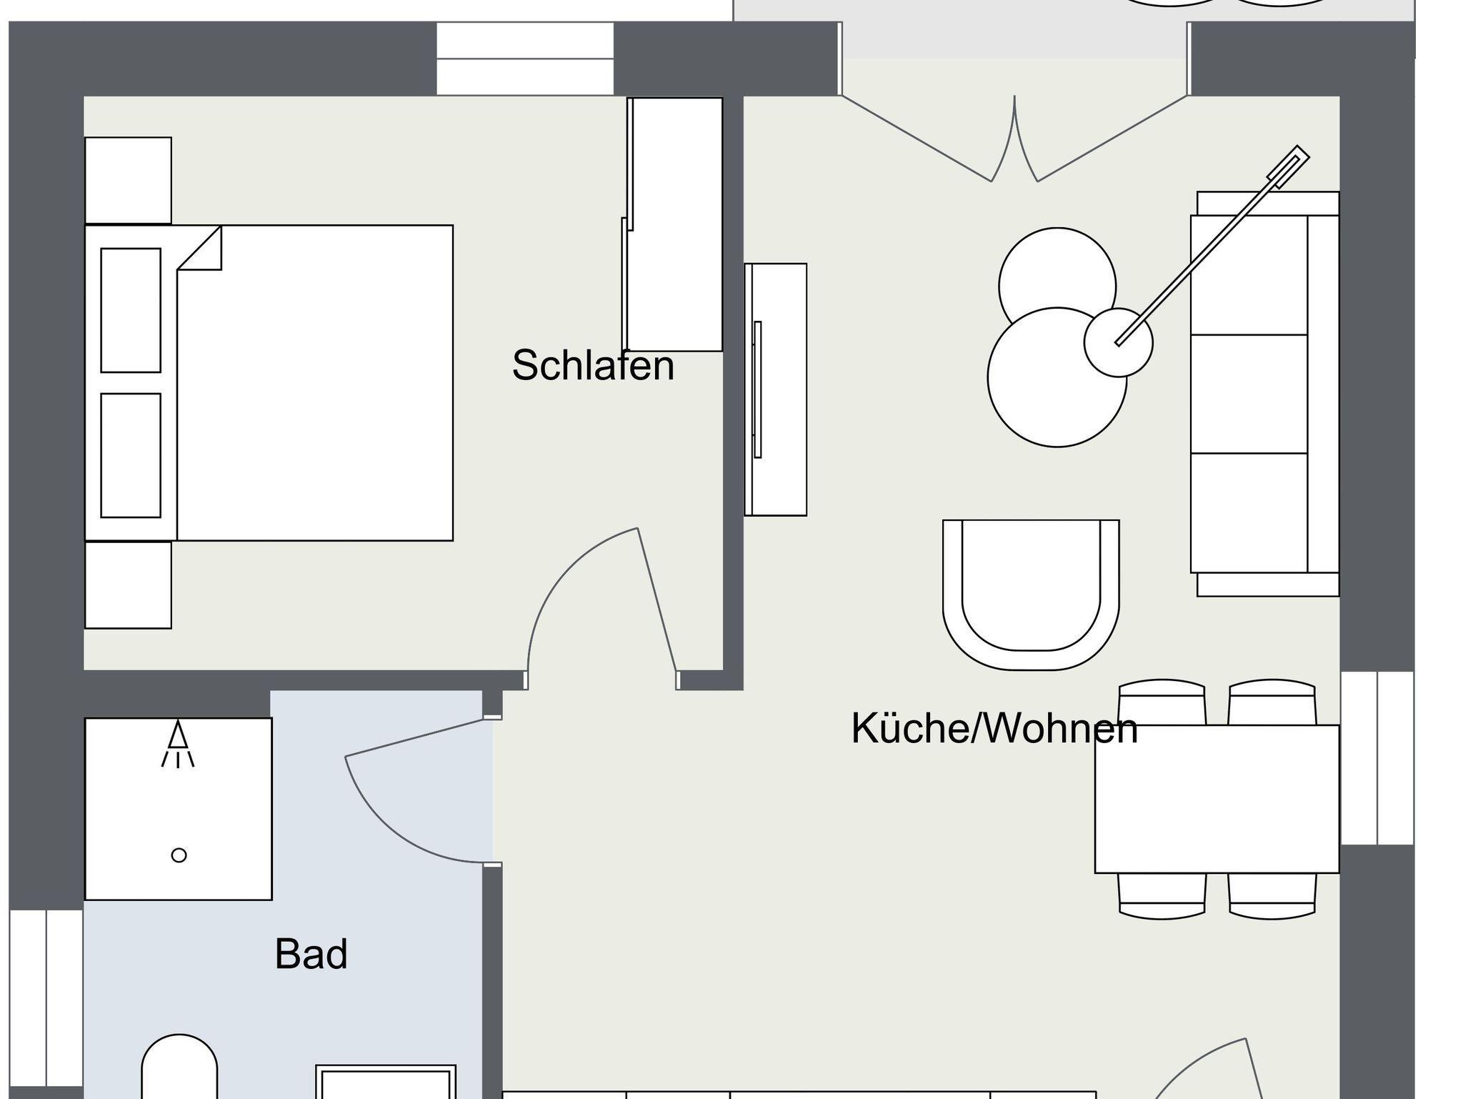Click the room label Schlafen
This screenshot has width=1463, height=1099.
point(593,365)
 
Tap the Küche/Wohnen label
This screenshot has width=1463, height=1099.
point(994,729)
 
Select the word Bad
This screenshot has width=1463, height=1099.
point(311,954)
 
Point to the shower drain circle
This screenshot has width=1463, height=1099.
point(179,855)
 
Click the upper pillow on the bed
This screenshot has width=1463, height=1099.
point(131,310)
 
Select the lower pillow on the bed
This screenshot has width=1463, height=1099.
point(131,455)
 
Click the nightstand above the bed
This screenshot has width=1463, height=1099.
point(128,180)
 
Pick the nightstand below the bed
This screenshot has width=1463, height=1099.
point(128,585)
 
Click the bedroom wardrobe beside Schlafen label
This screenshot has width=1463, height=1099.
point(673,224)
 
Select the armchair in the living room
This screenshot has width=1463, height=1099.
point(1031,595)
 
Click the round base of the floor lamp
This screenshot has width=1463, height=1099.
point(1118,342)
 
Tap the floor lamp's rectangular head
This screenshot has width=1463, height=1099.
point(1289,167)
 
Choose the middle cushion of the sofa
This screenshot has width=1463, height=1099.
point(1249,394)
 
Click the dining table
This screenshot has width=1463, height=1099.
point(1217,799)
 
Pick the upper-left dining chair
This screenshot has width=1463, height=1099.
point(1162,702)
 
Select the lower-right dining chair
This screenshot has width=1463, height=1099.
point(1272,896)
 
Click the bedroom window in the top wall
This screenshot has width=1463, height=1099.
point(525,59)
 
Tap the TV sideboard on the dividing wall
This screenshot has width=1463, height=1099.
point(775,389)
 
